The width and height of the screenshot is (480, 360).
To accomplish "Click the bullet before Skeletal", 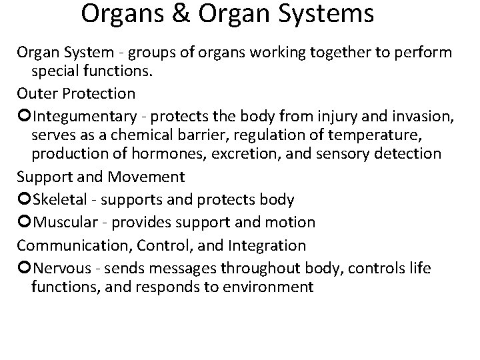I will pyautogui.click(x=24, y=199).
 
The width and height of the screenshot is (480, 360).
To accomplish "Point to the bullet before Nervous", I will pyautogui.click(x=24, y=268).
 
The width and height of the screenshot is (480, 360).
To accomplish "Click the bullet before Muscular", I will pyautogui.click(x=24, y=221).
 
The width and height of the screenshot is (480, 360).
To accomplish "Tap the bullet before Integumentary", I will pyautogui.click(x=24, y=118).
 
